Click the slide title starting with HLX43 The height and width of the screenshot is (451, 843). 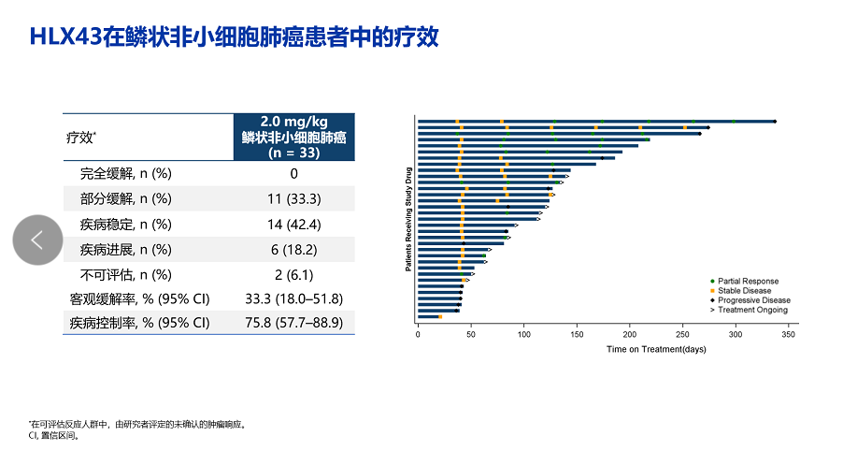pyautogui.click(x=234, y=37)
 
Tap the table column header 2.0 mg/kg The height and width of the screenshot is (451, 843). pyautogui.click(x=293, y=137)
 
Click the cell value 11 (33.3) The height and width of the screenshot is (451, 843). pyautogui.click(x=293, y=198)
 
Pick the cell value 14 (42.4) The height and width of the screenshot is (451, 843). pyautogui.click(x=293, y=225)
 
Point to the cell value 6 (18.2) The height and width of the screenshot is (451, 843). pyautogui.click(x=293, y=250)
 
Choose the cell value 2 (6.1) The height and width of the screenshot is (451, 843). pyautogui.click(x=293, y=274)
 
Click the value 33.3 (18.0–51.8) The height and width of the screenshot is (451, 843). pyautogui.click(x=293, y=298)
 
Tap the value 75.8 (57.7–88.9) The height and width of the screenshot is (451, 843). pyautogui.click(x=293, y=323)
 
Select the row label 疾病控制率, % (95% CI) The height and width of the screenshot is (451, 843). pyautogui.click(x=139, y=323)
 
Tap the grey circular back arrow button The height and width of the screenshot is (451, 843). pyautogui.click(x=37, y=240)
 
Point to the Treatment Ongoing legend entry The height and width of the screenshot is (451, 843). pyautogui.click(x=751, y=310)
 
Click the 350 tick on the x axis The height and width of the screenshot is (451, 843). pyautogui.click(x=790, y=333)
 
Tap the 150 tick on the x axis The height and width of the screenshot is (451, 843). pyautogui.click(x=578, y=333)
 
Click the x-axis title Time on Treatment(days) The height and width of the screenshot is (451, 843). pyautogui.click(x=656, y=349)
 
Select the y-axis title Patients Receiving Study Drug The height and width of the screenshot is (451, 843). pyautogui.click(x=408, y=219)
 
